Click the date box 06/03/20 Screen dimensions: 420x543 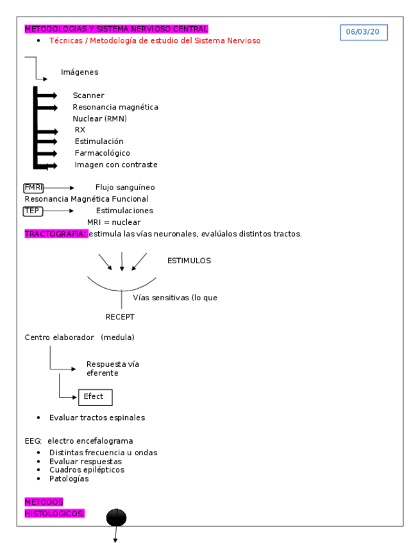tap(364, 31)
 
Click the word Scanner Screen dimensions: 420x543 tap(88, 95)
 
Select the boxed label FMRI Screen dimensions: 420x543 tap(33, 188)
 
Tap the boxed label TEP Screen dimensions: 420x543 tap(33, 211)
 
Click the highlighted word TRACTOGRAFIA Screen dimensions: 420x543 tap(55, 234)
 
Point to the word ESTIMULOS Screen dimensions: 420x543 tap(189, 261)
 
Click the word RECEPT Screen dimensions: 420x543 tap(120, 317)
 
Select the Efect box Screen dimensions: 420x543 tap(95, 397)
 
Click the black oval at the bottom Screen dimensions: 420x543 tap(116, 517)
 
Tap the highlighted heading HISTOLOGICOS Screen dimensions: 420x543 tap(55, 514)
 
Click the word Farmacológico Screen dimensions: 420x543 tap(102, 153)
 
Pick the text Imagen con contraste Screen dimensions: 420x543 tap(115, 165)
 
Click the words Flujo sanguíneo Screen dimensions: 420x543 tap(125, 188)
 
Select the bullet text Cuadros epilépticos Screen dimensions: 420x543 tap(87, 470)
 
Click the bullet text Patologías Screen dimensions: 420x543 tap(69, 479)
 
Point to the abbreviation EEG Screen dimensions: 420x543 tap(33, 441)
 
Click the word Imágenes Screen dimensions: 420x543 tap(80, 72)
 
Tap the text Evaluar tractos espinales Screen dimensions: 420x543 tap(97, 418)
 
